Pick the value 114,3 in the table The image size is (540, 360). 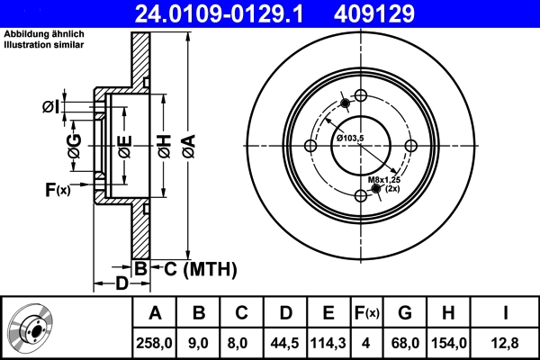pos(328,342)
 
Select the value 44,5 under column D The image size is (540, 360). pos(285,342)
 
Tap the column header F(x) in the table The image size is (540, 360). pos(366,313)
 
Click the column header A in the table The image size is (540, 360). pos(155,313)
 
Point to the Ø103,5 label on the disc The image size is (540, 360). pos(350,137)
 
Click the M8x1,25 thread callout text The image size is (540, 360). pos(384,181)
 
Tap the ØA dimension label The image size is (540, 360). pos(187,145)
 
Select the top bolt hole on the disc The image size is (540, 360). pos(361,96)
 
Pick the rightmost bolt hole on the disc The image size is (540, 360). pos(411,147)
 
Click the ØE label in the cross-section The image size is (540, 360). pos(125,145)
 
